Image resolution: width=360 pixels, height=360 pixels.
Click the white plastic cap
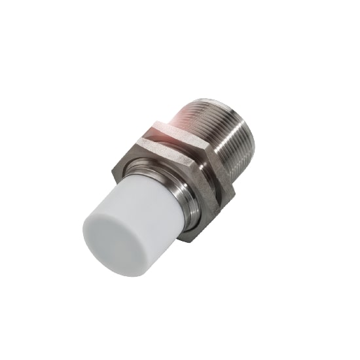click(x=131, y=216)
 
